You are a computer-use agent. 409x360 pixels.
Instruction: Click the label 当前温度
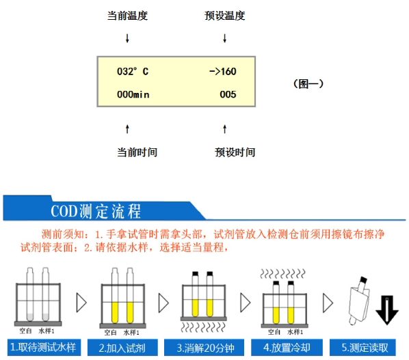point(127,16)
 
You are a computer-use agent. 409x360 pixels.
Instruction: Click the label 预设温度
point(224,16)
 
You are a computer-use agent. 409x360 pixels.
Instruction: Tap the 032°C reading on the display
point(133,71)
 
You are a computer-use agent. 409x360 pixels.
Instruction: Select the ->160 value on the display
point(223,71)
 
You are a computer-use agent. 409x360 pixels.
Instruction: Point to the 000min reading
point(133,94)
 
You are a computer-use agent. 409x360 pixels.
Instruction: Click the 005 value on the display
point(228,94)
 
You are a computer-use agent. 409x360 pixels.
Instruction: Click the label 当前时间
point(137,152)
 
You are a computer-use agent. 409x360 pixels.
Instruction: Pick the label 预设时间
point(235,152)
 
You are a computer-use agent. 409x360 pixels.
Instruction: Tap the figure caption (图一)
point(308,84)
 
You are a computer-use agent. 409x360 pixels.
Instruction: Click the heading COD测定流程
point(96,211)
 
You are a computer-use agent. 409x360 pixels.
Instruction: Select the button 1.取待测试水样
point(44,347)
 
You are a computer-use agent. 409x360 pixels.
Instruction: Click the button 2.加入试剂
point(122,348)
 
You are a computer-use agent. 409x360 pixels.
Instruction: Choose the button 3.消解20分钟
point(204,348)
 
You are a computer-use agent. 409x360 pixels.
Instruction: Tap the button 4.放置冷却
point(287,348)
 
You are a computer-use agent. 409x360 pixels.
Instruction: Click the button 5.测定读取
point(362,348)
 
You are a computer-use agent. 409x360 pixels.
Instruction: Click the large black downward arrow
point(387,310)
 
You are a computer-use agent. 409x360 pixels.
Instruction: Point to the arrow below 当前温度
point(127,38)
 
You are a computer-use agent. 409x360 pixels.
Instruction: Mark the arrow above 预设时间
point(224,129)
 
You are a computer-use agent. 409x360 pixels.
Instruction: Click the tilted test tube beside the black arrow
point(359,300)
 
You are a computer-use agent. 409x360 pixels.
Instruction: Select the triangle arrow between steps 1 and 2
point(81,303)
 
